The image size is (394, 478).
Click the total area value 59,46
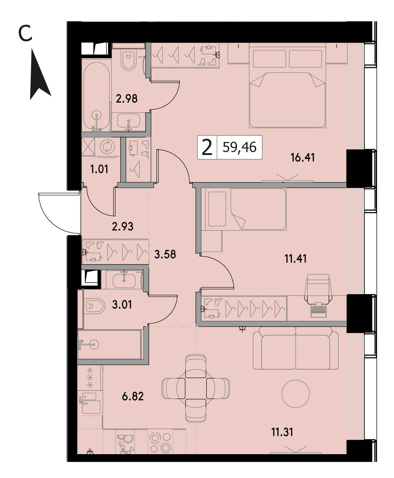(239, 147)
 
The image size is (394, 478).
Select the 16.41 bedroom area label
(303, 158)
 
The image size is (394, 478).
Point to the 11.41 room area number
(295, 258)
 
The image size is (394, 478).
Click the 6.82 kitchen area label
(133, 396)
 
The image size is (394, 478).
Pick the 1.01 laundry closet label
(99, 169)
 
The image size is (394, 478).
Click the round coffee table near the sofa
(295, 393)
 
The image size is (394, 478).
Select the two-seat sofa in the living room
(295, 348)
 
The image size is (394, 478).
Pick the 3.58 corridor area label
(165, 254)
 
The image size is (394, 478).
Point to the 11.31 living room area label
(282, 432)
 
